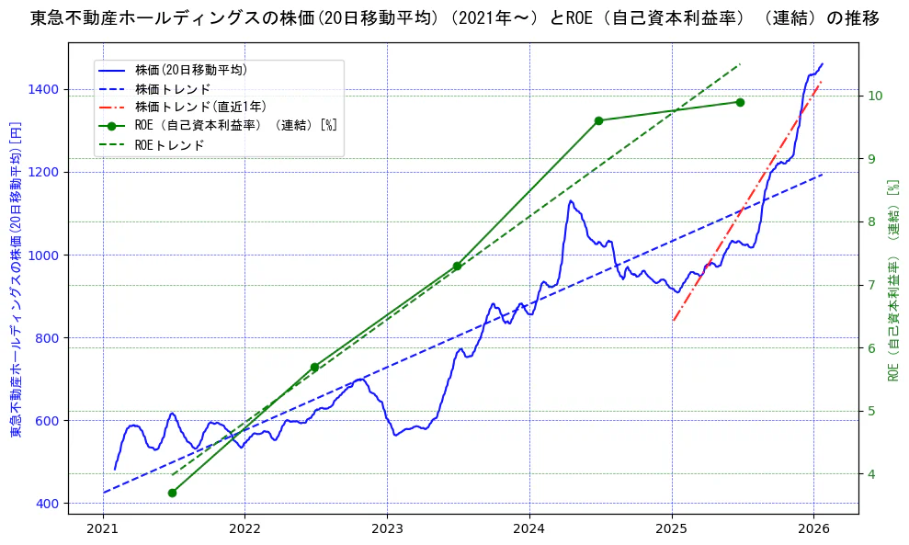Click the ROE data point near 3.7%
click(x=172, y=493)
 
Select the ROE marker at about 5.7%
click(x=314, y=367)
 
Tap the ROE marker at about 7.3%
click(x=457, y=267)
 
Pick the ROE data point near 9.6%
click(x=598, y=120)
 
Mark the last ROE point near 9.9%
click(x=740, y=102)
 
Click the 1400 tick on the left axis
click(x=46, y=89)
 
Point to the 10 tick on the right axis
click(x=875, y=96)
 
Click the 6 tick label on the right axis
click(x=871, y=347)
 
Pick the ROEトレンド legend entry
click(x=169, y=145)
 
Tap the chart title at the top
click(x=454, y=18)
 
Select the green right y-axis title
click(x=892, y=280)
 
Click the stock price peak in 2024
click(x=571, y=200)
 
